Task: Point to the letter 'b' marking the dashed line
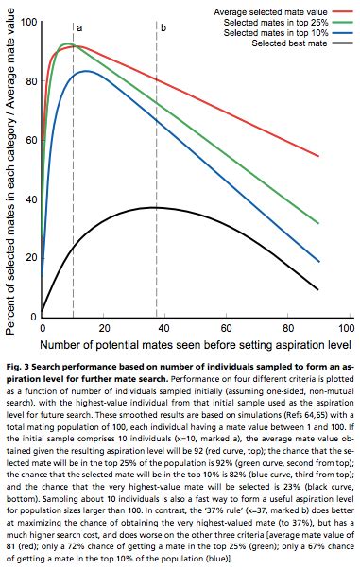163,28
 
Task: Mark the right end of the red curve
318,156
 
